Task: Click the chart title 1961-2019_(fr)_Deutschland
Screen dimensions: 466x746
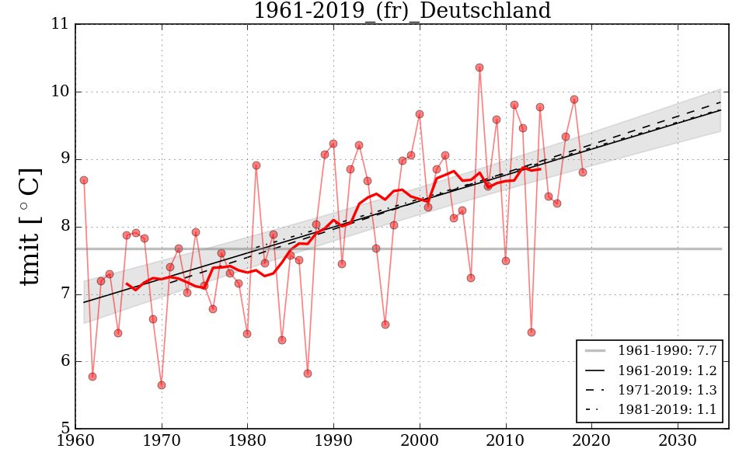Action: [x=402, y=12]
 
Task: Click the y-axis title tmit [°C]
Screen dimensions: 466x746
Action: [x=30, y=226]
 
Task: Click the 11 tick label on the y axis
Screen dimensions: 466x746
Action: [x=60, y=24]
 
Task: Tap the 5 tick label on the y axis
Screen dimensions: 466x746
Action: [x=64, y=429]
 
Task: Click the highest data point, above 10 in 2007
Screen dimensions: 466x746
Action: [x=479, y=68]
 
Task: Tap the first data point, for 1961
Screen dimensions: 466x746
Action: [x=84, y=180]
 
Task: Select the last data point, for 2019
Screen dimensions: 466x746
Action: [x=583, y=172]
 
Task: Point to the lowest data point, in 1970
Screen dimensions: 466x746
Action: [x=162, y=385]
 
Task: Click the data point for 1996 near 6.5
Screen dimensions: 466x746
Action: [x=385, y=325]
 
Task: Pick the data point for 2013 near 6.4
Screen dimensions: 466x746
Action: [x=532, y=332]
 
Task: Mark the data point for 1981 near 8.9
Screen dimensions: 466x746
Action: [x=256, y=165]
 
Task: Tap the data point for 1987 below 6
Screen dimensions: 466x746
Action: [x=308, y=374]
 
